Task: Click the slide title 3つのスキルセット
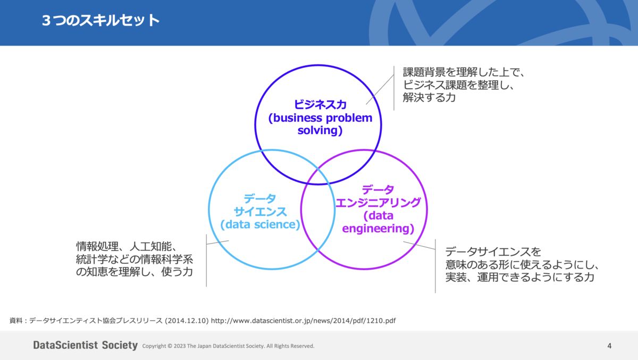[x=100, y=21]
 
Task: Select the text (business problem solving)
[x=320, y=124]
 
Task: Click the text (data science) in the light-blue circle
[x=261, y=224]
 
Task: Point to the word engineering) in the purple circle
[x=378, y=229]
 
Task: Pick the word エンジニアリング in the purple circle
[x=378, y=203]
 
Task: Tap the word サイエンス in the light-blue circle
[x=261, y=211]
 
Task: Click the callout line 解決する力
[x=429, y=98]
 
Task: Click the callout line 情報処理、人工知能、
[x=126, y=247]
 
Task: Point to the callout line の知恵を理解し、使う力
[x=134, y=272]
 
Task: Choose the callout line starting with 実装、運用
[x=519, y=278]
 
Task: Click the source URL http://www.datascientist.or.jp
[x=303, y=321]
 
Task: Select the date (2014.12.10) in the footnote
[x=187, y=321]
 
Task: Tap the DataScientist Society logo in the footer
[x=85, y=346]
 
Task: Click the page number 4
[x=609, y=346]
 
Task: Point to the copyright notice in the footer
[x=228, y=346]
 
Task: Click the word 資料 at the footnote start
[x=16, y=321]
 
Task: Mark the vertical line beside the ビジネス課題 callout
[x=394, y=88]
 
